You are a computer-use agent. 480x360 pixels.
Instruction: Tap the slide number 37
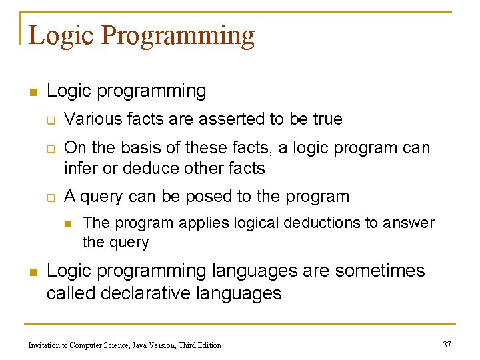447,344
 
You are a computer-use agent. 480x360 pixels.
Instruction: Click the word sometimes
380,271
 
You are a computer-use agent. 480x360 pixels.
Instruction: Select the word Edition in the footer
208,345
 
